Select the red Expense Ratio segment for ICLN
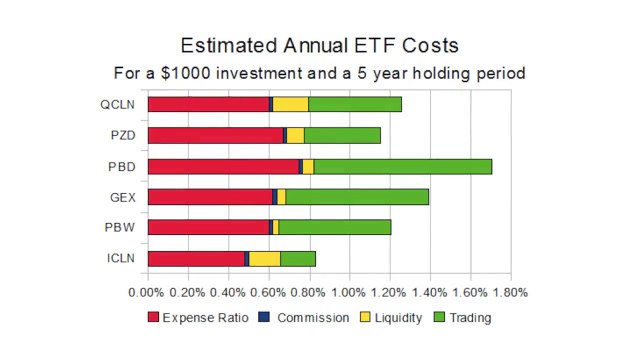click(x=196, y=259)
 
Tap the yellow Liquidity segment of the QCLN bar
click(x=290, y=104)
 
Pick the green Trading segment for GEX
click(x=357, y=197)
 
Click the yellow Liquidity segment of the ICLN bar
click(x=264, y=259)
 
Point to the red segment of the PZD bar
click(x=215, y=135)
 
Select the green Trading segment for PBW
click(x=335, y=228)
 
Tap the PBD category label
click(x=126, y=166)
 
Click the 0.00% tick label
click(x=148, y=292)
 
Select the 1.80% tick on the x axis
click(x=510, y=292)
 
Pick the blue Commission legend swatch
click(x=264, y=318)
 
